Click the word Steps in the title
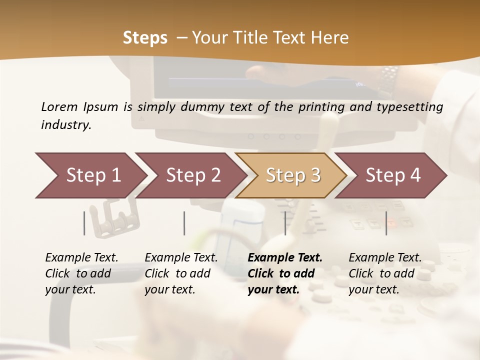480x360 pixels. [145, 38]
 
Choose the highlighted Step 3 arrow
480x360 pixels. [293, 175]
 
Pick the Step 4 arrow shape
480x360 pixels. [393, 175]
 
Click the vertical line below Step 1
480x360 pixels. [84, 223]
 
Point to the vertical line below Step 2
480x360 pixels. [184, 223]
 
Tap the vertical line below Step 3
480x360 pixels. [285, 223]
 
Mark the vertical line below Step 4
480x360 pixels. [386, 223]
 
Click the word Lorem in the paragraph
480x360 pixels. [59, 107]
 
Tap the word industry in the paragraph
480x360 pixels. [65, 125]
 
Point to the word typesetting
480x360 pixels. [412, 107]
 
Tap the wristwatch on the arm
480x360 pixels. [389, 80]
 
